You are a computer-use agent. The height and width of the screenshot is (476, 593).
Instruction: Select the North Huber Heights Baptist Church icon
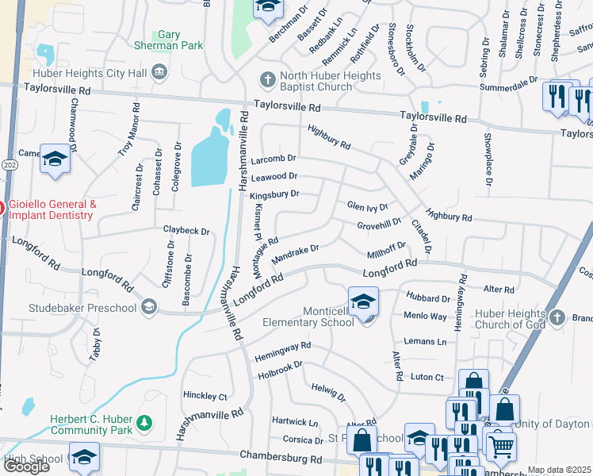click(x=268, y=79)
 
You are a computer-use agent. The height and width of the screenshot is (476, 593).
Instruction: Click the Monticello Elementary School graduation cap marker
click(x=363, y=301)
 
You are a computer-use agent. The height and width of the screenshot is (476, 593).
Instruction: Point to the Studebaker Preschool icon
click(x=148, y=306)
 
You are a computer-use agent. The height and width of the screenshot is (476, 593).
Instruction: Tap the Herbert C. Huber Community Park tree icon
click(x=143, y=420)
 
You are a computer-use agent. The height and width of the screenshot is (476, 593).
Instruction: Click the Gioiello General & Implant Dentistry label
click(x=52, y=209)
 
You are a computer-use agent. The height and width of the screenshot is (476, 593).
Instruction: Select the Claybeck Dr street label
click(x=186, y=231)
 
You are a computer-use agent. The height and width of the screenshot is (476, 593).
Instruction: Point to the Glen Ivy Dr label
click(x=367, y=207)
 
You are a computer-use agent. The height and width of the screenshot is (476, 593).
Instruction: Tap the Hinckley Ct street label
click(x=205, y=396)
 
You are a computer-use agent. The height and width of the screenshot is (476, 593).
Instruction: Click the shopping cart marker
click(x=500, y=446)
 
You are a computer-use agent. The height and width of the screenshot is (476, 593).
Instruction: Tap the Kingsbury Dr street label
click(x=274, y=194)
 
